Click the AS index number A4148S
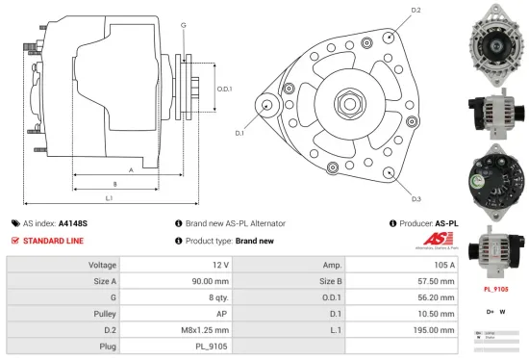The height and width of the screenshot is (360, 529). pos(73,223)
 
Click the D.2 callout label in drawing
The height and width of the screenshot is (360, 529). pos(416,11)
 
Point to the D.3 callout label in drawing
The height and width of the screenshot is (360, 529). pos(416,198)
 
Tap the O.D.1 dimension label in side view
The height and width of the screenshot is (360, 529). pos(225,90)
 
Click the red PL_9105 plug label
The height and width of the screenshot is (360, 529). pos(495,288)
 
